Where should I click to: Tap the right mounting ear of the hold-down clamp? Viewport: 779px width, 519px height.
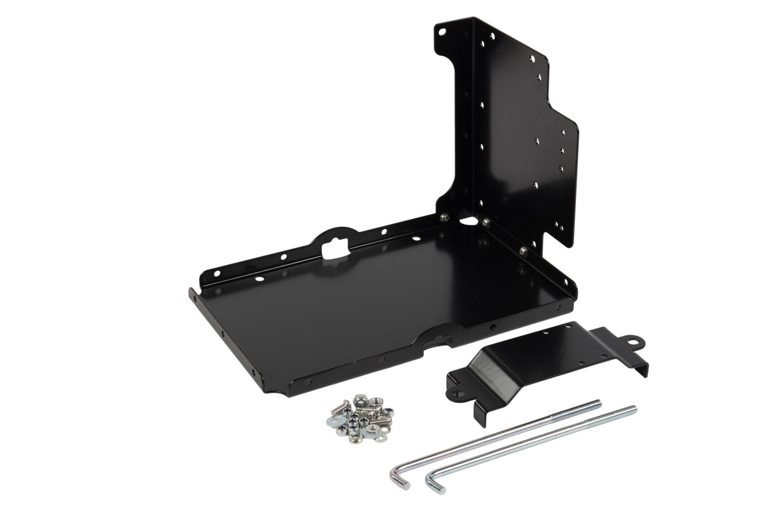coord(635,342)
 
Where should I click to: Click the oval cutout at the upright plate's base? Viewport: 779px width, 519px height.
coord(468,221)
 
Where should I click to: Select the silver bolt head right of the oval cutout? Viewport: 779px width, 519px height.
coord(486,223)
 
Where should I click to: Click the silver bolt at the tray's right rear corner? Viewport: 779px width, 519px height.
coord(522,250)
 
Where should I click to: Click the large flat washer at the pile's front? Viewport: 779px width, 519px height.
coord(374,430)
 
